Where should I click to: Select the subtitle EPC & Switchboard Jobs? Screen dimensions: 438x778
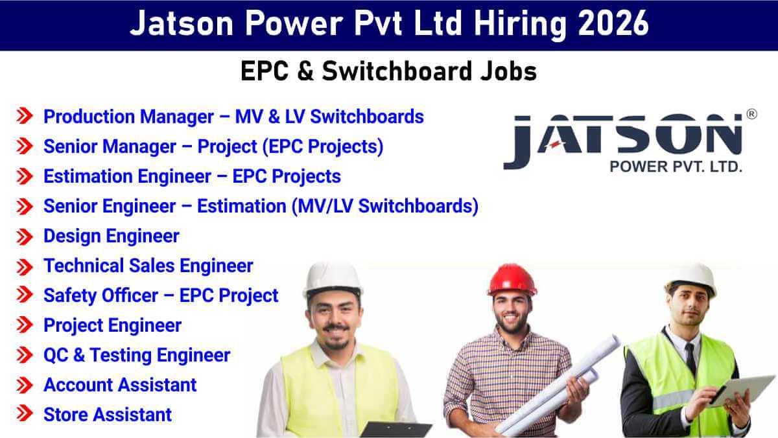pyautogui.click(x=388, y=71)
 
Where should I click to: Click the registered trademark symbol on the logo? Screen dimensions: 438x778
pyautogui.click(x=751, y=114)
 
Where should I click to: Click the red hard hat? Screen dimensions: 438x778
pyautogui.click(x=512, y=280)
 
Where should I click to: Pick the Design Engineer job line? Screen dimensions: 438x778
pyautogui.click(x=111, y=236)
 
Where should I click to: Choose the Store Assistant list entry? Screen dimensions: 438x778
pyautogui.click(x=108, y=415)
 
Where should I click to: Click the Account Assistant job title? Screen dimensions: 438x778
pyautogui.click(x=120, y=385)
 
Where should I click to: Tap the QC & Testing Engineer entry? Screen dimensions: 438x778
pyautogui.click(x=137, y=355)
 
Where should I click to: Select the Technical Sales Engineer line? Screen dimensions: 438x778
pyautogui.click(x=148, y=266)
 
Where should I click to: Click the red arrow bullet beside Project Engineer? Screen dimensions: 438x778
pyautogui.click(x=25, y=325)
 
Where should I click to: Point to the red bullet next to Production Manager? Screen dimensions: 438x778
pyautogui.click(x=25, y=117)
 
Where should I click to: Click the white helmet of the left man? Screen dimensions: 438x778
pyautogui.click(x=332, y=279)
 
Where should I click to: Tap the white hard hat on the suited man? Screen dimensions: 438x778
pyautogui.click(x=691, y=277)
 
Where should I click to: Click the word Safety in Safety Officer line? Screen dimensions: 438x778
pyautogui.click(x=69, y=295)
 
